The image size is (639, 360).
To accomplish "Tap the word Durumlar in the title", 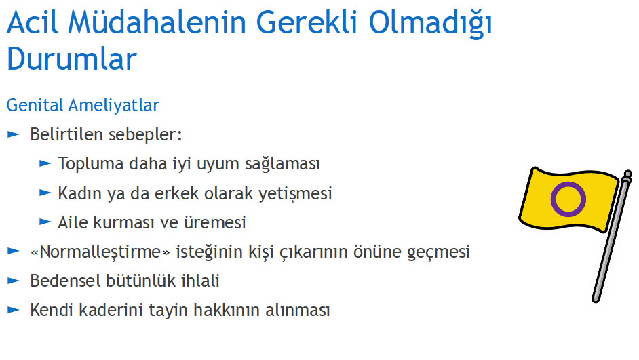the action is [72, 59].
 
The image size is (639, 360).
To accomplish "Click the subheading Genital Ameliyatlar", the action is [83, 105].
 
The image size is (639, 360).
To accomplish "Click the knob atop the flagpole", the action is [627, 176].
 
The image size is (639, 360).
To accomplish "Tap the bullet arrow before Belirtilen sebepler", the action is [13, 134].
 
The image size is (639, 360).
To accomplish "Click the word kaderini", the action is [111, 310].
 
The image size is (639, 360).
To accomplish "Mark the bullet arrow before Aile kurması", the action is [45, 222].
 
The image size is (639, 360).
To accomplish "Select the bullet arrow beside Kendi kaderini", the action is [13, 310].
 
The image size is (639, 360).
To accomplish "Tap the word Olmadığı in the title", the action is [431, 23].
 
